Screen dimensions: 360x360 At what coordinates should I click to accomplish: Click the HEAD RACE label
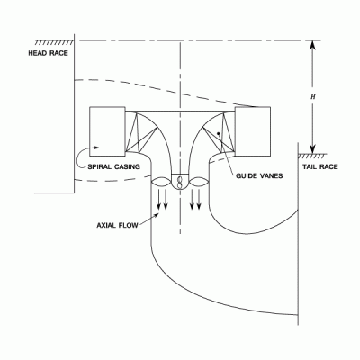[x=48, y=53]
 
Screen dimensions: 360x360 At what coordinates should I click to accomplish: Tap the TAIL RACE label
[x=320, y=166]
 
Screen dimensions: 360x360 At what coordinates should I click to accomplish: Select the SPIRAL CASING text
[x=113, y=166]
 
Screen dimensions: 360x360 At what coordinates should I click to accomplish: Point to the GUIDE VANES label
[x=259, y=175]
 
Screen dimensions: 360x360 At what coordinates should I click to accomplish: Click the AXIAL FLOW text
[x=117, y=225]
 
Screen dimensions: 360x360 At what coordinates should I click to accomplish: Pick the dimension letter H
[x=313, y=97]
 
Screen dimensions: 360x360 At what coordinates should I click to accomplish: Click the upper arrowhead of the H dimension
[x=313, y=45]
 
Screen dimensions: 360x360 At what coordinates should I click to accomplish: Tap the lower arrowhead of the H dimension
[x=313, y=148]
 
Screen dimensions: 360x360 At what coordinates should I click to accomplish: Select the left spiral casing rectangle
[x=107, y=131]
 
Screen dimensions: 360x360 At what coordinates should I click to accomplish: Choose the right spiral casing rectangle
[x=253, y=131]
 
